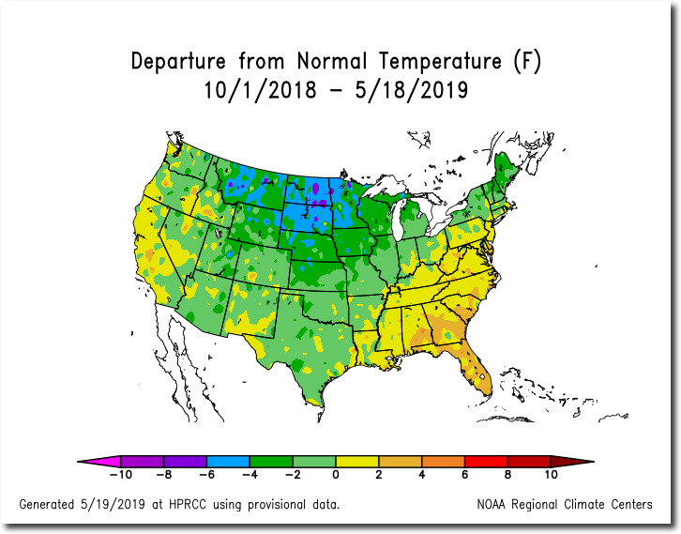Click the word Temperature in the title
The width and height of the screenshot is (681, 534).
[x=439, y=62]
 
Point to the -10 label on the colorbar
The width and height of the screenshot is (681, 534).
[x=120, y=477]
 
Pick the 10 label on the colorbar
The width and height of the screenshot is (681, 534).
[x=552, y=477]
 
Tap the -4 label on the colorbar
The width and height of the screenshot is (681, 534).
[x=250, y=477]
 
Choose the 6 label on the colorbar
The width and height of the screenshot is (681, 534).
[x=465, y=477]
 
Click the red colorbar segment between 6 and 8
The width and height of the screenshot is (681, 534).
[x=487, y=461]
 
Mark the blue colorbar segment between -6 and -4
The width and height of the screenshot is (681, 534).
[x=228, y=461]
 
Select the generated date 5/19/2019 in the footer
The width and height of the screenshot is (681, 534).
[x=127, y=504]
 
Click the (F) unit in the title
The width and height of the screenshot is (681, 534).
[x=527, y=62]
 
